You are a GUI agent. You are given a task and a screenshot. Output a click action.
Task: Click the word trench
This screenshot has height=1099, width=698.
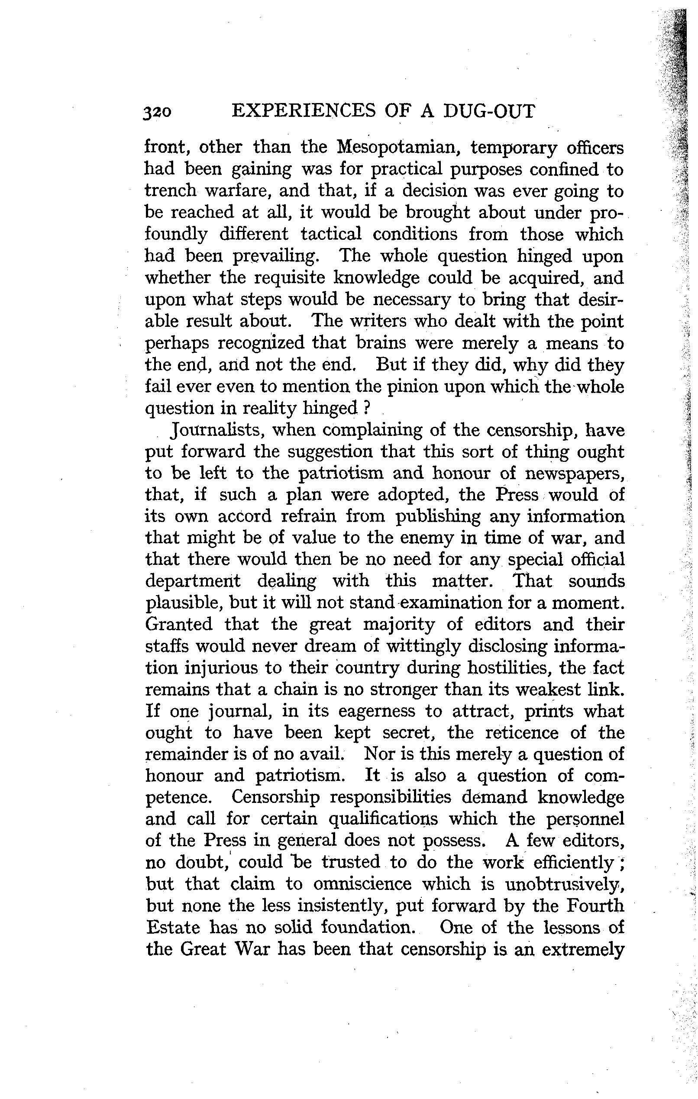point(170,191)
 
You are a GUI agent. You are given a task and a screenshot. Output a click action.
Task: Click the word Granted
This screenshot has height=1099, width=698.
point(178,624)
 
